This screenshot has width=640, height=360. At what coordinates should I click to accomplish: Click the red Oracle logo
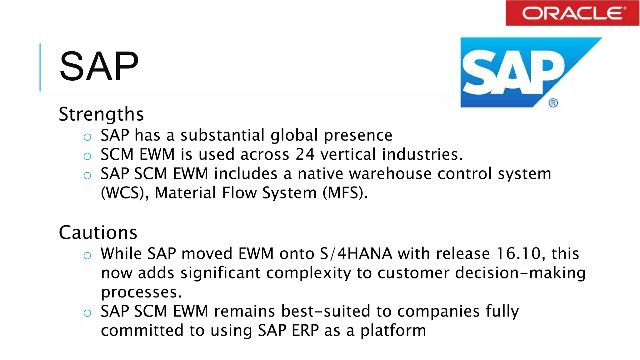[x=572, y=13]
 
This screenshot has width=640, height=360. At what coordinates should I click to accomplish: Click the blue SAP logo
[x=516, y=72]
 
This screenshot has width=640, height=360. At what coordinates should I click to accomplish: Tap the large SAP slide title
[x=99, y=67]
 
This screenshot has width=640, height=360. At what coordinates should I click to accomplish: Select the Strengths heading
[x=101, y=114]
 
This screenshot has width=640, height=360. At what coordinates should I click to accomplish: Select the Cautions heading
[x=98, y=232]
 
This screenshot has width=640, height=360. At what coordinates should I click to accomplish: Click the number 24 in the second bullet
[x=305, y=154]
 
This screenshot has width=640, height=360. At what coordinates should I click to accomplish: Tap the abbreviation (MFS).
[x=345, y=193]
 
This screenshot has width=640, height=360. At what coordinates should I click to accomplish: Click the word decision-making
[x=520, y=273]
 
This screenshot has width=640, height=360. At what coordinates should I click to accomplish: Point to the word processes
[x=141, y=292]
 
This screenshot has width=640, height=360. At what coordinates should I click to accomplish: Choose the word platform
[x=393, y=331]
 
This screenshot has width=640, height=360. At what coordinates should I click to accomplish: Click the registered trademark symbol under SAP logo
[x=553, y=103]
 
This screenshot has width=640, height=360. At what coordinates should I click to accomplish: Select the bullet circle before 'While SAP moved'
[x=87, y=256]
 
